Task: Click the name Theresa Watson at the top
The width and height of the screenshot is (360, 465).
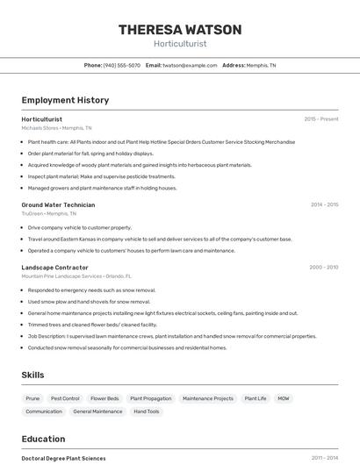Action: click(180, 30)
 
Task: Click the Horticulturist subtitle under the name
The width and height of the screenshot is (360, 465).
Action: click(180, 43)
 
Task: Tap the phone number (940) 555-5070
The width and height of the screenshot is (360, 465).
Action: click(121, 65)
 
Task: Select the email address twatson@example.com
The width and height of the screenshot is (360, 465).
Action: click(190, 65)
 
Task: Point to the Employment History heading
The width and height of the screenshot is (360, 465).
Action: click(65, 100)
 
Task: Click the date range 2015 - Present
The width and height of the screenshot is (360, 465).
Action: click(321, 118)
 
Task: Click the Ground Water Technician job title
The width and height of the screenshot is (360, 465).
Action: click(58, 204)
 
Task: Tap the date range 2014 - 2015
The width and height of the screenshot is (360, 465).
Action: click(324, 204)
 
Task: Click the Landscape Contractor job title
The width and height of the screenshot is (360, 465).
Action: click(54, 267)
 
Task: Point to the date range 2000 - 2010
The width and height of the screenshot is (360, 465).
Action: click(324, 267)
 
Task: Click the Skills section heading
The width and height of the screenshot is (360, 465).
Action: click(33, 375)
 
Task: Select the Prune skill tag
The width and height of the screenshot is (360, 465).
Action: click(32, 398)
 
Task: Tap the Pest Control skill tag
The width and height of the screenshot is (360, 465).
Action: click(65, 398)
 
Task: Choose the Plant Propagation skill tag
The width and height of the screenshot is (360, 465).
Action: click(151, 398)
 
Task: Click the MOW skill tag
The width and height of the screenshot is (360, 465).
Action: click(284, 398)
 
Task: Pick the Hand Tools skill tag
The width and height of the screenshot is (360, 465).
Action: click(147, 411)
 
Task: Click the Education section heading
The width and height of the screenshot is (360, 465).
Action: click(43, 439)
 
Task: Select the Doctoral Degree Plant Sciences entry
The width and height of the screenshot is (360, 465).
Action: click(63, 458)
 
